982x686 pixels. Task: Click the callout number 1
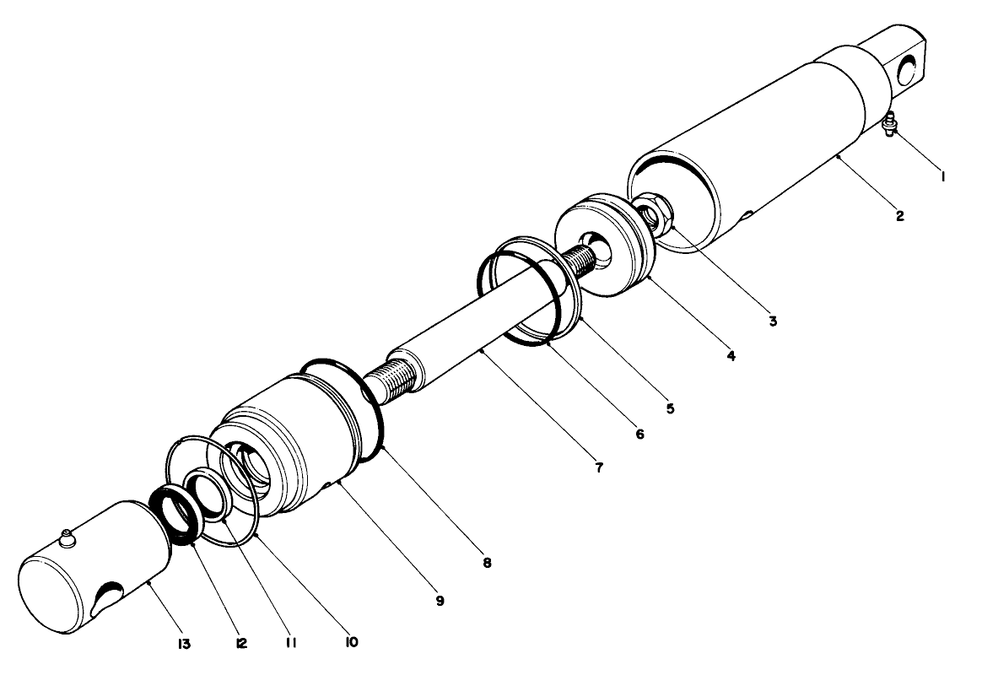pyautogui.click(x=942, y=177)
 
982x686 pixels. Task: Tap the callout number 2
pyautogui.click(x=900, y=216)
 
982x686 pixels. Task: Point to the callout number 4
pyautogui.click(x=731, y=356)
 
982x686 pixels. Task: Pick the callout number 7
pyautogui.click(x=599, y=467)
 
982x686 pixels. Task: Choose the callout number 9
pyautogui.click(x=440, y=601)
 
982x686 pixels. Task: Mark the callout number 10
pyautogui.click(x=349, y=642)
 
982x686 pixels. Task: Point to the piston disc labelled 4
pyautogui.click(x=599, y=245)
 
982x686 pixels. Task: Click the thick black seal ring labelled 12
pyautogui.click(x=175, y=516)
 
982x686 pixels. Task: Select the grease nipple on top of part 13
pyautogui.click(x=67, y=537)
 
